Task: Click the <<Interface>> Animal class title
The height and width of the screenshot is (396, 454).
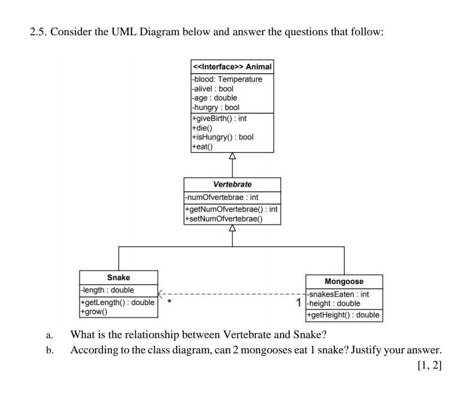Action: click(x=232, y=67)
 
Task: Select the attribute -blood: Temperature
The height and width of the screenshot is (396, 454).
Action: click(x=226, y=79)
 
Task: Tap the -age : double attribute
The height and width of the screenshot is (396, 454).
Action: click(x=214, y=98)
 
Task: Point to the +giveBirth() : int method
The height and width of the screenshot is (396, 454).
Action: click(x=219, y=118)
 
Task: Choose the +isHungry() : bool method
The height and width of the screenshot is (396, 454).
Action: click(x=223, y=137)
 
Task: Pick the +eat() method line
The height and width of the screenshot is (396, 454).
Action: click(x=203, y=147)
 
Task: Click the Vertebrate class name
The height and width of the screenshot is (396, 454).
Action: click(x=232, y=185)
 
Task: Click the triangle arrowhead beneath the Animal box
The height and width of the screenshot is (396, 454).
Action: click(x=232, y=156)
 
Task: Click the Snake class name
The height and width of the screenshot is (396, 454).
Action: click(x=118, y=277)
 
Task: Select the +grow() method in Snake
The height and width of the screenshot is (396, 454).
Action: click(x=94, y=312)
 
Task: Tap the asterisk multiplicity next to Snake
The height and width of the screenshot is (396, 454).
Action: click(x=169, y=302)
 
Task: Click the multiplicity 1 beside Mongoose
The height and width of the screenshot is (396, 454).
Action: click(x=299, y=303)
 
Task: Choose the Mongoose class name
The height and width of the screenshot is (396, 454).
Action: click(x=344, y=281)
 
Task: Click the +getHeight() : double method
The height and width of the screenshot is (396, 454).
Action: click(x=343, y=315)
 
